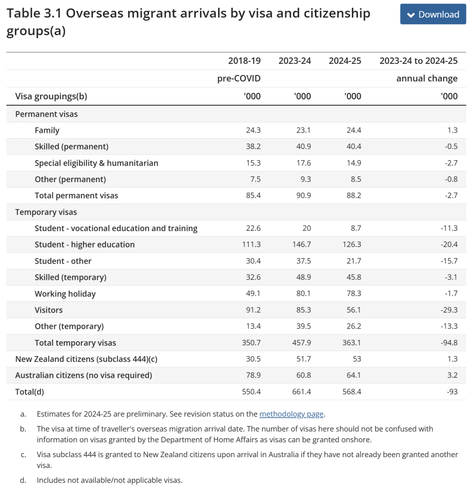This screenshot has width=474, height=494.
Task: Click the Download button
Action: [433, 14]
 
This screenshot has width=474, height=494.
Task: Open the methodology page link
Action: [291, 414]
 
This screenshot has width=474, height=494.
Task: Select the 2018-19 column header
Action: [244, 61]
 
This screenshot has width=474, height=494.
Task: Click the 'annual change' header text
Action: [427, 79]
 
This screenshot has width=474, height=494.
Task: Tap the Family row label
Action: [47, 130]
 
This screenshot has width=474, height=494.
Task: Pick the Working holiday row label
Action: [65, 294]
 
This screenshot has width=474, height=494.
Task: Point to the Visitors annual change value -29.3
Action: [449, 310]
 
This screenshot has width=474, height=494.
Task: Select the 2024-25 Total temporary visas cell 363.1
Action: [352, 343]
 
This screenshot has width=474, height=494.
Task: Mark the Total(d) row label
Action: [29, 392]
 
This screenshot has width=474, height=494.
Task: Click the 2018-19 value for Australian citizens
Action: [251, 376]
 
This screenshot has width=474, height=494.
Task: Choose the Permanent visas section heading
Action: [46, 114]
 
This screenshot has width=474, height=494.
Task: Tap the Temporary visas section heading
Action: [46, 212]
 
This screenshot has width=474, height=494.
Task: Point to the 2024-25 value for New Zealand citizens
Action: [357, 359]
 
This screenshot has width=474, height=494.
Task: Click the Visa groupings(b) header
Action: [51, 96]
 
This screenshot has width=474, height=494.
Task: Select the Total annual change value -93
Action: [452, 392]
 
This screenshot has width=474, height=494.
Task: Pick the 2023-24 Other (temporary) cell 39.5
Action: [303, 326]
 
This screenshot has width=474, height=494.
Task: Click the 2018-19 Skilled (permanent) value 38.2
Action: [253, 147]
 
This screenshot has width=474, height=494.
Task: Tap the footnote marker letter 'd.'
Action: [23, 480]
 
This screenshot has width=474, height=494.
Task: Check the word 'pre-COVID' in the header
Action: [239, 79]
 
